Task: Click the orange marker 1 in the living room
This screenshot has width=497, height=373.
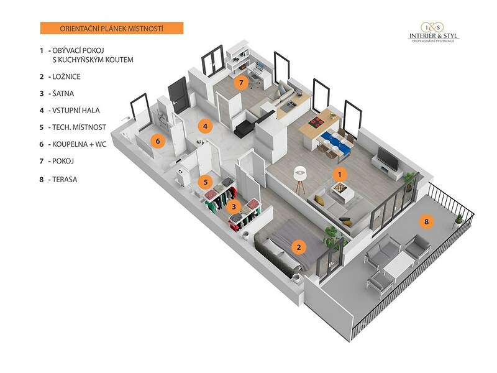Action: coord(340,175)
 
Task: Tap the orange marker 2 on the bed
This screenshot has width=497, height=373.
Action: coord(299,247)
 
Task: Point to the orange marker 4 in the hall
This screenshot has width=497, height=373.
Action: coord(205,126)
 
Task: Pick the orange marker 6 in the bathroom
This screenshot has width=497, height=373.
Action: coord(158,141)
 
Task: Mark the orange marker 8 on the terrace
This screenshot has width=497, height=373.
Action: coord(426,221)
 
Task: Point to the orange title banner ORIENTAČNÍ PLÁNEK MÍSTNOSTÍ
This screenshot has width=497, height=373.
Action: coord(111,28)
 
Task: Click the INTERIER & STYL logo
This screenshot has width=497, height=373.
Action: coord(433,32)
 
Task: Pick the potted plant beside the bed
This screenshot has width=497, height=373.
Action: coord(331,235)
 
